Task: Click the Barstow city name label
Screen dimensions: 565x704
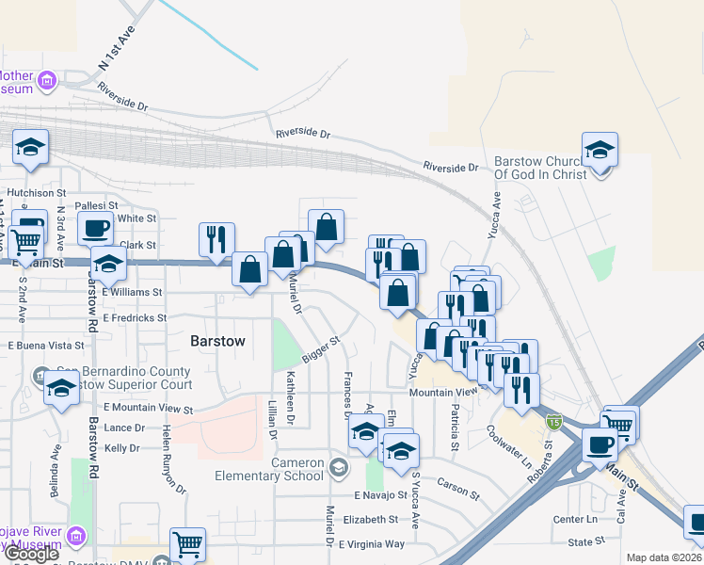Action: [x=217, y=342]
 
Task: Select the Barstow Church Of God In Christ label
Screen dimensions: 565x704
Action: [x=540, y=168]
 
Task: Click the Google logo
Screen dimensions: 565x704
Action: [x=31, y=554]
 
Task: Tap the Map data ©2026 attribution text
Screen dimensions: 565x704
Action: [x=664, y=557]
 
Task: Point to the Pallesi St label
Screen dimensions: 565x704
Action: [x=97, y=204]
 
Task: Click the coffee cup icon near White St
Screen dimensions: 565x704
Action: [x=98, y=228]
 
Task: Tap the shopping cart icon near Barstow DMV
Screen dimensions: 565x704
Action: [x=187, y=543]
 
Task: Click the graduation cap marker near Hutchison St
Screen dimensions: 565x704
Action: [x=30, y=148]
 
